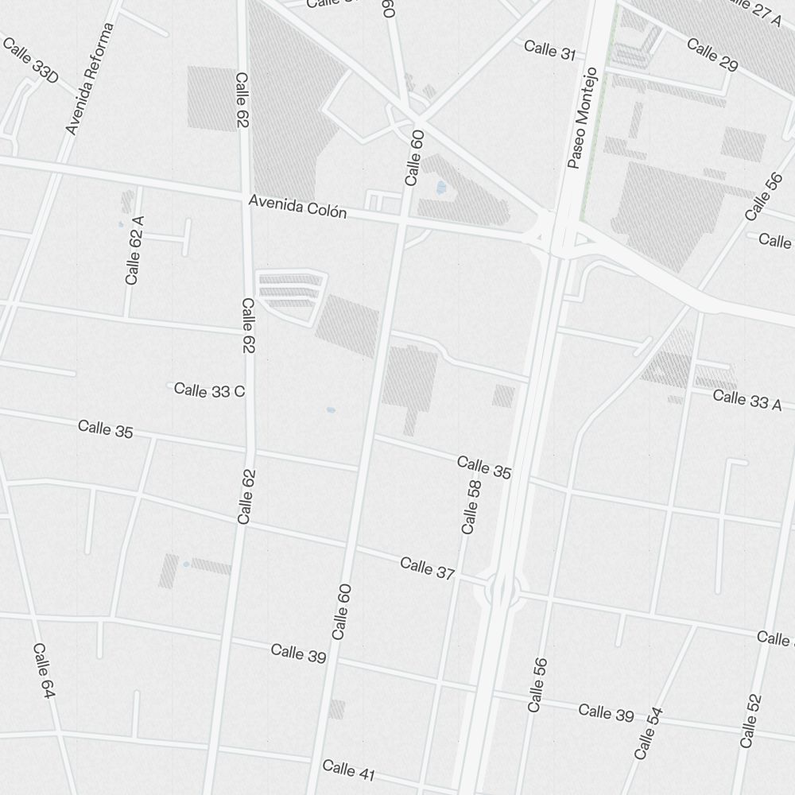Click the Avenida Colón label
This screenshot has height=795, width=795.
297,207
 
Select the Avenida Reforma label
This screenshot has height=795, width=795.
91,78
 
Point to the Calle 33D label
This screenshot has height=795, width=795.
30,59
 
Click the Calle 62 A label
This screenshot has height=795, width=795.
134,250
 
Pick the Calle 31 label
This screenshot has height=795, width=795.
549,50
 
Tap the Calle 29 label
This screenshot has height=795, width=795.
712,54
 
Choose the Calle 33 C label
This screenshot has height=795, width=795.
209,390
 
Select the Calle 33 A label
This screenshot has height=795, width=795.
747,400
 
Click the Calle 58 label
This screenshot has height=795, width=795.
471,506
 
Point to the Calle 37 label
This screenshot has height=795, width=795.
428,568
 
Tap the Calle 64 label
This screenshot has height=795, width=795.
43,671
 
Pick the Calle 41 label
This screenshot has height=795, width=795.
349,770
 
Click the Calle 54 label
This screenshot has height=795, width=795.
648,733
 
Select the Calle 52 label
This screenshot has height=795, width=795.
750,720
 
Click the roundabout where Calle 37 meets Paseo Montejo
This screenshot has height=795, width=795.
502,590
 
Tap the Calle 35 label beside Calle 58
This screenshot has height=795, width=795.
483,467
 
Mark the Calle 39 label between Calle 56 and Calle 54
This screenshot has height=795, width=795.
606,712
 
